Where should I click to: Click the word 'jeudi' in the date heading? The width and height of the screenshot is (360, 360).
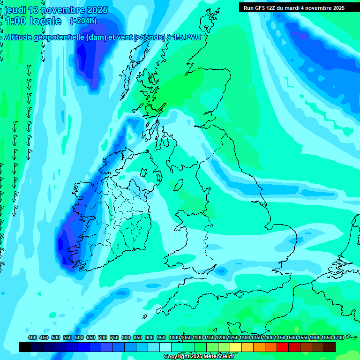(x=16, y=10)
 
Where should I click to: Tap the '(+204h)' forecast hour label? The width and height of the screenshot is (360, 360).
(x=83, y=21)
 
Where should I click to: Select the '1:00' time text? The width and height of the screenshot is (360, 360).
(x=15, y=21)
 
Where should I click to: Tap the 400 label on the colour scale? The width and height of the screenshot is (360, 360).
(x=32, y=338)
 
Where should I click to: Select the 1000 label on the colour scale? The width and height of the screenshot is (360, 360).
(x=174, y=338)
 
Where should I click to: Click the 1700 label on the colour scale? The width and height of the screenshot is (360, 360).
(x=338, y=338)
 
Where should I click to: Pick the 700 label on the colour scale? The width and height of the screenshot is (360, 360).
(x=103, y=338)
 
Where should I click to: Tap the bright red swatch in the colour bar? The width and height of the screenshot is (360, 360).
(x=283, y=347)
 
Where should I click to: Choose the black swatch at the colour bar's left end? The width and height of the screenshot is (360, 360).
(x=25, y=347)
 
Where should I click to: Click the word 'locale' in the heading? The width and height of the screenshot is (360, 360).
(x=45, y=21)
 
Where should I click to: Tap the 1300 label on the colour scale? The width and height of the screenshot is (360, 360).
(x=245, y=338)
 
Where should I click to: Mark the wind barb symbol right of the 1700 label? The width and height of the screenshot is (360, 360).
(x=352, y=337)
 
